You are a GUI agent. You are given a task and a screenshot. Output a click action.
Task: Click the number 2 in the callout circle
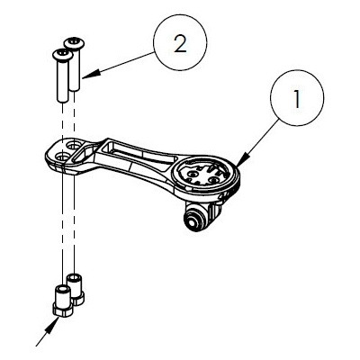180,44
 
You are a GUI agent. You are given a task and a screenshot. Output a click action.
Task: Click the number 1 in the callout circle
297,97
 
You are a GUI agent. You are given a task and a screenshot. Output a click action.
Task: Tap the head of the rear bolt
74,43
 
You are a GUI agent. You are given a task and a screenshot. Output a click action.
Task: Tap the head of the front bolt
62,55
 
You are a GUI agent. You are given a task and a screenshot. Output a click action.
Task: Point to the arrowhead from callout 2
90,75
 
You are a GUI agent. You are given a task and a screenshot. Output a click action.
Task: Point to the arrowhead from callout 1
243,159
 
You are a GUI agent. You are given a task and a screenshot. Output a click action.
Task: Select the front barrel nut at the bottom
62,301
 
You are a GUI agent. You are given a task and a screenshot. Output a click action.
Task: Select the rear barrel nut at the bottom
76,289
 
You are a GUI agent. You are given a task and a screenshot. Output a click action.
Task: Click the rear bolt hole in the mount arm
72,146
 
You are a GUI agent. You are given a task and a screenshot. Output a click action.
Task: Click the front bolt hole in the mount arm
63,156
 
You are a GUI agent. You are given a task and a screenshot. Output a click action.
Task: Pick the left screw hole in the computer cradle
192,173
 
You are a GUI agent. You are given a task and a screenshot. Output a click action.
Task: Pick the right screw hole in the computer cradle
213,180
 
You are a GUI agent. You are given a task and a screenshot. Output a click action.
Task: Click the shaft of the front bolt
62,80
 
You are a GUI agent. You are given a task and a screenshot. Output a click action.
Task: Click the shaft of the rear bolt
76,69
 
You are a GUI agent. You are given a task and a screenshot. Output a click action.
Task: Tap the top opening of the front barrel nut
62,289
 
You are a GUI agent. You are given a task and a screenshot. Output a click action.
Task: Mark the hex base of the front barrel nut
62,310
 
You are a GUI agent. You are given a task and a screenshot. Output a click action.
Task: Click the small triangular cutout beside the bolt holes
82,154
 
